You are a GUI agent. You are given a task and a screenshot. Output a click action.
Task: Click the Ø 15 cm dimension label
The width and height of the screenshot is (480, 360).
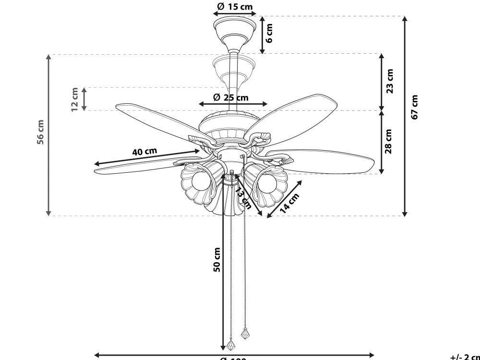click(235, 7)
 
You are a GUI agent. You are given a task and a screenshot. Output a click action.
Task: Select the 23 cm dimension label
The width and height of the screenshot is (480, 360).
click(390, 81)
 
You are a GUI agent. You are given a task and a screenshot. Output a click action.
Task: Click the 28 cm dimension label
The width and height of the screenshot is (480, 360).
click(389, 141)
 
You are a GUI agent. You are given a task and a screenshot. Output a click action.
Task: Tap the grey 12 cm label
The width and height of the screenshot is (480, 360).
click(74, 99)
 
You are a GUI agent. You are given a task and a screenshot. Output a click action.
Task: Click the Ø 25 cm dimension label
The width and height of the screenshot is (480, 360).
click(231, 97)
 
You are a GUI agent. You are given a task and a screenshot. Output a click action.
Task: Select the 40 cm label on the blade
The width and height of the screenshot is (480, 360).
click(144, 152)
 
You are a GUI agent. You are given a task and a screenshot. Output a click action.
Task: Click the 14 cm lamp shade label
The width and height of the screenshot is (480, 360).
click(289, 203)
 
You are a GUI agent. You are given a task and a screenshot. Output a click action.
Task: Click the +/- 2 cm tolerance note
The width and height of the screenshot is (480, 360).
click(464, 357)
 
